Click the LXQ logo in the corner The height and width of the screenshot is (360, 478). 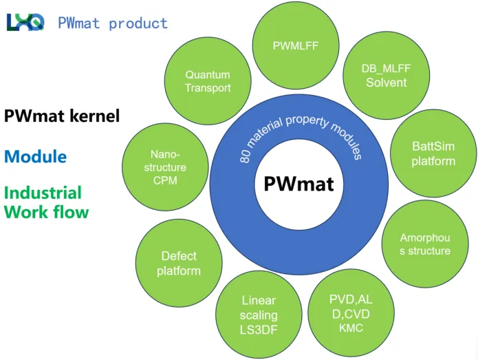pyautogui.click(x=25, y=22)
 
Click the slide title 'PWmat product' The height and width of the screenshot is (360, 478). pyautogui.click(x=113, y=23)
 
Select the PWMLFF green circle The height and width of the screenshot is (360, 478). pyautogui.click(x=296, y=47)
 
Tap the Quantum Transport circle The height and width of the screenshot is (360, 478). pyautogui.click(x=208, y=81)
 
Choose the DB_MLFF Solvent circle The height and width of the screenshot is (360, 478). pyautogui.click(x=385, y=76)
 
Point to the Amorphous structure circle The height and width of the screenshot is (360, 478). pyautogui.click(x=425, y=244)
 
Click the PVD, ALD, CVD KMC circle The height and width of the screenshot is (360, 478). pyautogui.click(x=351, y=314)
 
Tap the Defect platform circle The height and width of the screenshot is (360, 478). pyautogui.click(x=179, y=263)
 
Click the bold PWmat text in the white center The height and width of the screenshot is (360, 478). pyautogui.click(x=298, y=184)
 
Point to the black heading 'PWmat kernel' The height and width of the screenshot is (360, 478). pyautogui.click(x=62, y=116)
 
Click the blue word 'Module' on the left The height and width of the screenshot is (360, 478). pyautogui.click(x=35, y=156)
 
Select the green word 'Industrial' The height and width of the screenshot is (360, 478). pyautogui.click(x=43, y=193)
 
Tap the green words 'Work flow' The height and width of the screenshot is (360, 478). pyautogui.click(x=47, y=211)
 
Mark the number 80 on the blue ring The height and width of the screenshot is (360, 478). pyautogui.click(x=245, y=156)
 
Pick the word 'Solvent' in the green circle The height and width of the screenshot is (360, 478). pyautogui.click(x=386, y=83)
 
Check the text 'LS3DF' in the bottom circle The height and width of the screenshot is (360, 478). pyautogui.click(x=259, y=330)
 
